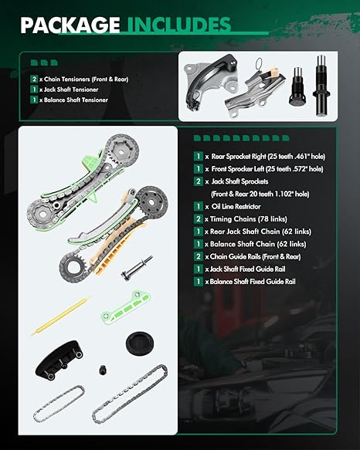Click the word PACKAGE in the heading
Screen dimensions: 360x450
pos(70,25)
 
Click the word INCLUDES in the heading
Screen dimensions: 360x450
pos(178,25)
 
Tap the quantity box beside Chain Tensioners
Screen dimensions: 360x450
pos(34,79)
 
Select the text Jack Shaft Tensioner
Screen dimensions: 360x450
pos(71,90)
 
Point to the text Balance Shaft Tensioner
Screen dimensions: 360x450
pos(76,100)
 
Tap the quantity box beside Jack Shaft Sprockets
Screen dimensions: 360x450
pos(199,181)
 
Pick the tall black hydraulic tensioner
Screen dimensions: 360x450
pos(322,85)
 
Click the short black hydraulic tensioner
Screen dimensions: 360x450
pos(297,86)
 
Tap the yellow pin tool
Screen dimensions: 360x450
pos(60,316)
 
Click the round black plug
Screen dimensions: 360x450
pos(140,343)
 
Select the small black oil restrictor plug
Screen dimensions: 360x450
pos(103,370)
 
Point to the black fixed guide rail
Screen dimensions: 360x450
pos(59,360)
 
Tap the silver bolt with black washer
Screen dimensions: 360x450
pos(137,268)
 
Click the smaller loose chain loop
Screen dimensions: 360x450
pos(59,404)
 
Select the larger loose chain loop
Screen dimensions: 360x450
pos(130,398)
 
